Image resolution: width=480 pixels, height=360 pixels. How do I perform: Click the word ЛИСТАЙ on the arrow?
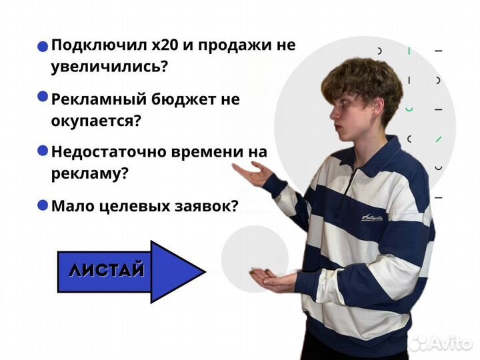(106, 271)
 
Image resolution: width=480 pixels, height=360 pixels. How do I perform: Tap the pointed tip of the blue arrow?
(203, 271)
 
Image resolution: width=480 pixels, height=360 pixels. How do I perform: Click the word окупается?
(93, 121)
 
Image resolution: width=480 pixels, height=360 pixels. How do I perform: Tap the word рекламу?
(86, 173)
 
